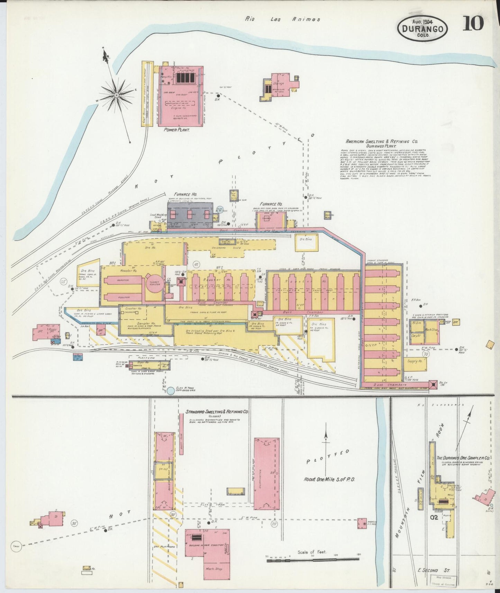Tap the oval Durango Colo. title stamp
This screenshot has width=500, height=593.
tap(423, 29)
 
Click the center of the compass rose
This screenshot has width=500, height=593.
tap(117, 94)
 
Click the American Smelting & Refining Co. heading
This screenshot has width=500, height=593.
tap(382, 142)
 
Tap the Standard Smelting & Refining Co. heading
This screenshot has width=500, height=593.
tap(217, 412)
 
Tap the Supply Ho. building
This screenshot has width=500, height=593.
tap(415, 361)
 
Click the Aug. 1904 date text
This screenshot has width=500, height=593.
tap(423, 20)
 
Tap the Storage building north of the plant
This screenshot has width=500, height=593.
tap(279, 83)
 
